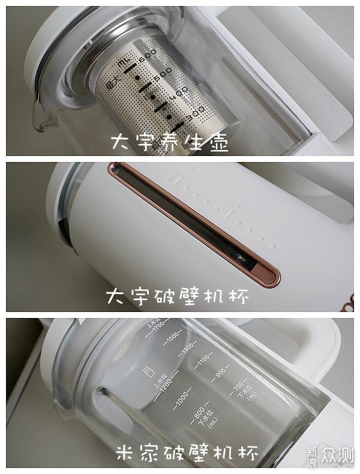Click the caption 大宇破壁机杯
[177, 297]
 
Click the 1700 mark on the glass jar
[158, 328]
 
